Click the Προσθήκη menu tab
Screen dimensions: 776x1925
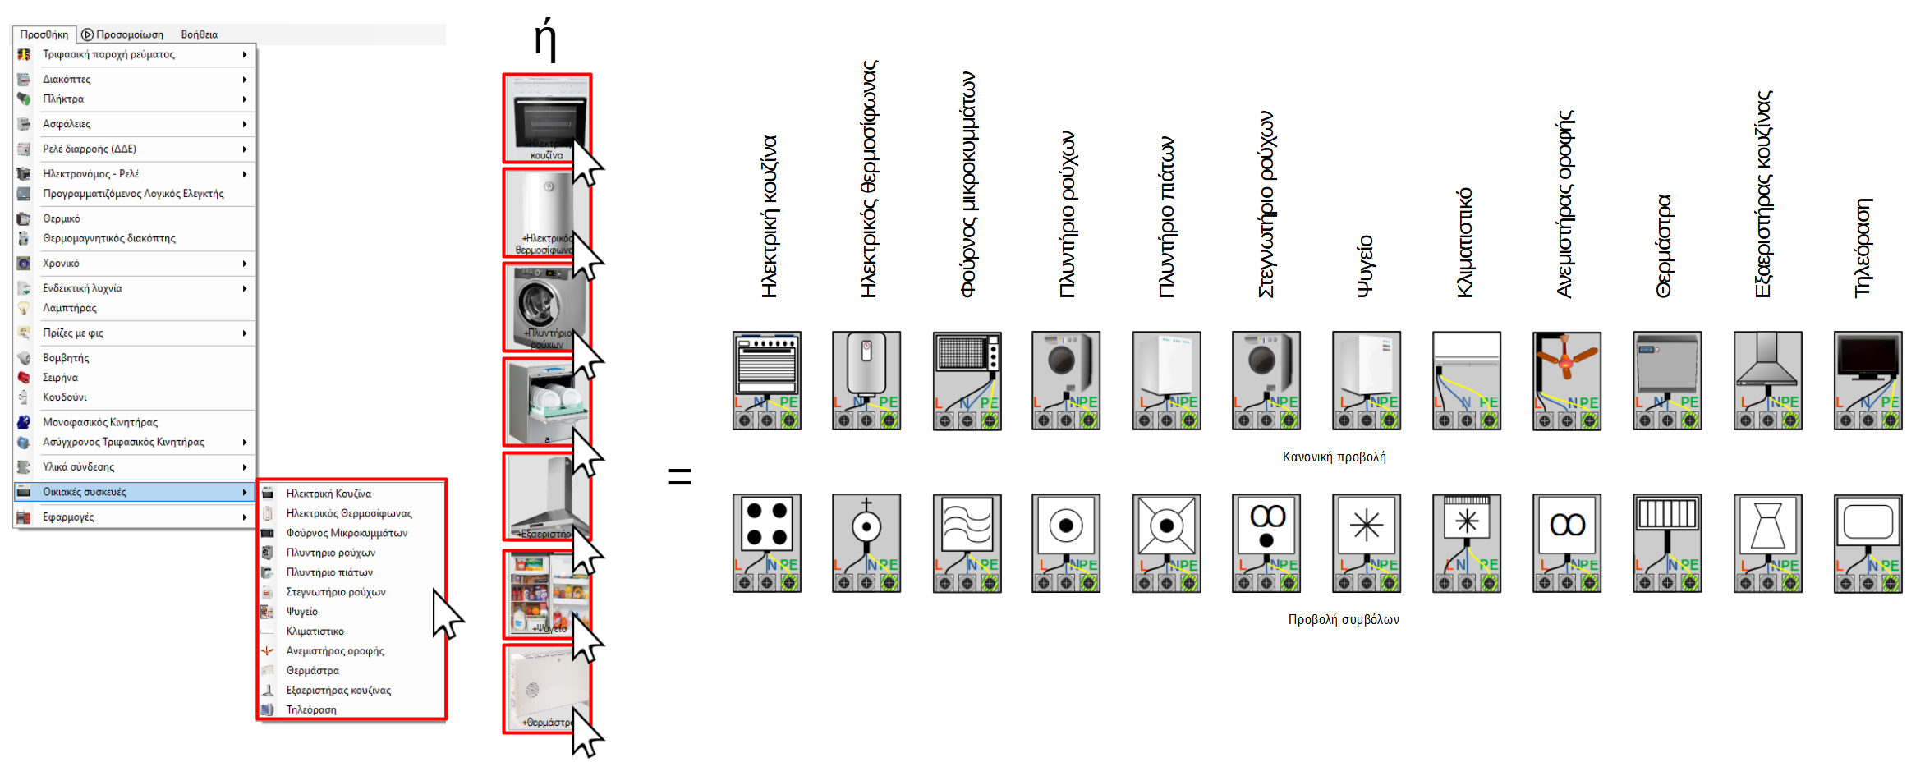(44, 34)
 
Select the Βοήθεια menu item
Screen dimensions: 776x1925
(199, 34)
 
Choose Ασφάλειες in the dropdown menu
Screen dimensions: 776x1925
(67, 124)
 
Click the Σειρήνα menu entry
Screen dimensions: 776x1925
(60, 378)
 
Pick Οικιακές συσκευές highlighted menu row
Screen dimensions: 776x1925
(85, 492)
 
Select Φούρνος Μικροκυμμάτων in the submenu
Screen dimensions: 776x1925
(347, 533)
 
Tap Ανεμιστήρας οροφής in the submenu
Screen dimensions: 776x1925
(335, 651)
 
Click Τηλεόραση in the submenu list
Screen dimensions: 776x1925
(311, 710)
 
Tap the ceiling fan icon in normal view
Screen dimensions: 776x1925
(1567, 380)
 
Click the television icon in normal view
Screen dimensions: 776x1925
(1868, 380)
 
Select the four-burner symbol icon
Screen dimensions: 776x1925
(767, 543)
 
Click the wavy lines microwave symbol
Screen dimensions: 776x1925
(967, 543)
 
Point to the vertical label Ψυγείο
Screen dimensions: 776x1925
(1365, 266)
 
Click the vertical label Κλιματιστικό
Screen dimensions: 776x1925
(1464, 242)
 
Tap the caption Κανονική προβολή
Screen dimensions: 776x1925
(1334, 457)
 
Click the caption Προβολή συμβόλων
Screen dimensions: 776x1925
(1344, 620)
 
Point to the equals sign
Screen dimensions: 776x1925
(680, 475)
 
